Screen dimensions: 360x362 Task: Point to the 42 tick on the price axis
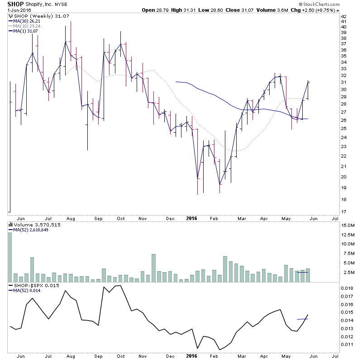[x=343, y=17]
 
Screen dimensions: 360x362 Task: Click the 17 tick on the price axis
[x=343, y=211]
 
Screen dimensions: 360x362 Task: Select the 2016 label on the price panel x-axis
[x=192, y=218]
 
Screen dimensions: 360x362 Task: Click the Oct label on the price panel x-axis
[x=121, y=218]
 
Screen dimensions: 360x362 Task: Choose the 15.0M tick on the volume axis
[x=348, y=225]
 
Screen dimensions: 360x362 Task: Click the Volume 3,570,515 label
[x=31, y=225]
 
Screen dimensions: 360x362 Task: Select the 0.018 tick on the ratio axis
[x=347, y=288]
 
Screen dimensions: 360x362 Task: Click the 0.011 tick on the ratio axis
[x=347, y=345]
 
